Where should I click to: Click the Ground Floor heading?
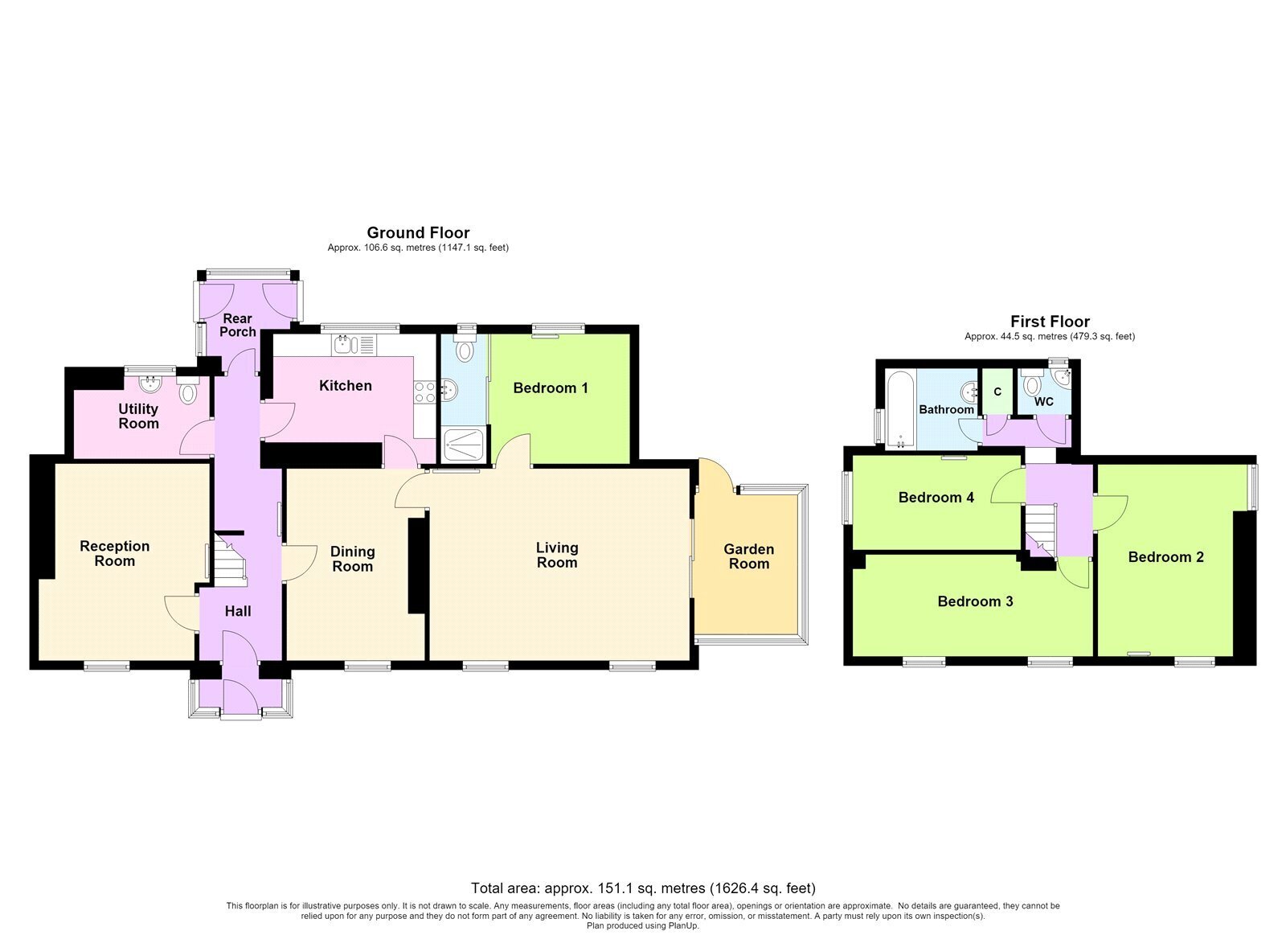click(418, 232)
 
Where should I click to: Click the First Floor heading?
click(1050, 321)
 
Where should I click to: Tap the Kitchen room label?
click(346, 385)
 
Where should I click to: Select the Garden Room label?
click(748, 556)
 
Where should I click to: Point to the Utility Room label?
click(138, 416)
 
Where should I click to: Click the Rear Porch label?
click(238, 325)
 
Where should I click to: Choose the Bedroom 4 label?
click(936, 497)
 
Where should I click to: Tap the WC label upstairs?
click(1044, 401)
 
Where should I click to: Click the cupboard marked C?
click(997, 392)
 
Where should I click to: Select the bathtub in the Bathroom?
click(901, 410)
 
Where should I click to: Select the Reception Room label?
click(115, 553)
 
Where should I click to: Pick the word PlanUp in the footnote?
click(683, 926)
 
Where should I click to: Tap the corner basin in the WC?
click(1063, 376)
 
